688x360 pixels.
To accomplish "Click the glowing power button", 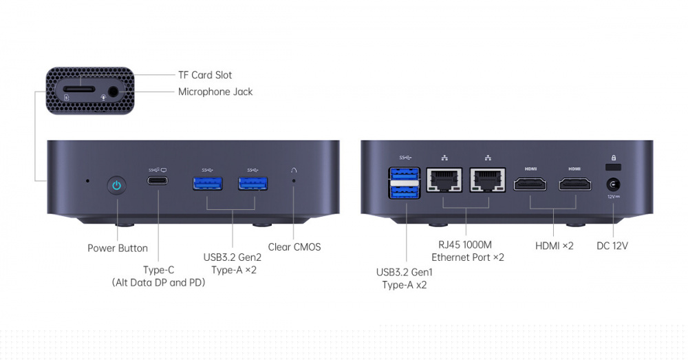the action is point(117,185).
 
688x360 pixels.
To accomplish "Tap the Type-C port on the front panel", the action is point(157,180).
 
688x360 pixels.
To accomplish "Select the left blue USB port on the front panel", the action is point(208,183).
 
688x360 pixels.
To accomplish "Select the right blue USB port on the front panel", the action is point(253,183).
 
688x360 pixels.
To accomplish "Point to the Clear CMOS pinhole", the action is point(294,180).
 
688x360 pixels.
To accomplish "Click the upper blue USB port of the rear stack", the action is point(405,174).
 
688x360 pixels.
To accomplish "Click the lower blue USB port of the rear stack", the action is point(405,192).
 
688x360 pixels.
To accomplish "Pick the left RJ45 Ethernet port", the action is point(444,180).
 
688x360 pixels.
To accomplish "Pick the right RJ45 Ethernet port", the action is point(488,180).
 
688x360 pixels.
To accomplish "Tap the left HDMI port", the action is point(530,184).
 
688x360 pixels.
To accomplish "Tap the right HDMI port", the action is point(574,184).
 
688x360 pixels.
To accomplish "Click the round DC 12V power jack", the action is point(613,184).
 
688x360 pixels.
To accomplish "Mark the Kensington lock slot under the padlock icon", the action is point(613,167).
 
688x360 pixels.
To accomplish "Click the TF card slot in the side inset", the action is point(79,89).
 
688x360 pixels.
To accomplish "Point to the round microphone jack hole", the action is point(114,92).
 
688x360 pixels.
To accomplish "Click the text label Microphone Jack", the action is point(215,92).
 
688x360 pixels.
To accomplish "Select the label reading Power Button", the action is point(118,248).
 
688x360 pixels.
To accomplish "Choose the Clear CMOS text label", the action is point(294,247).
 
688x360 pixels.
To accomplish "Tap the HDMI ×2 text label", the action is point(554,246).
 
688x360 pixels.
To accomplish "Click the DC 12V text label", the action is point(612,246).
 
